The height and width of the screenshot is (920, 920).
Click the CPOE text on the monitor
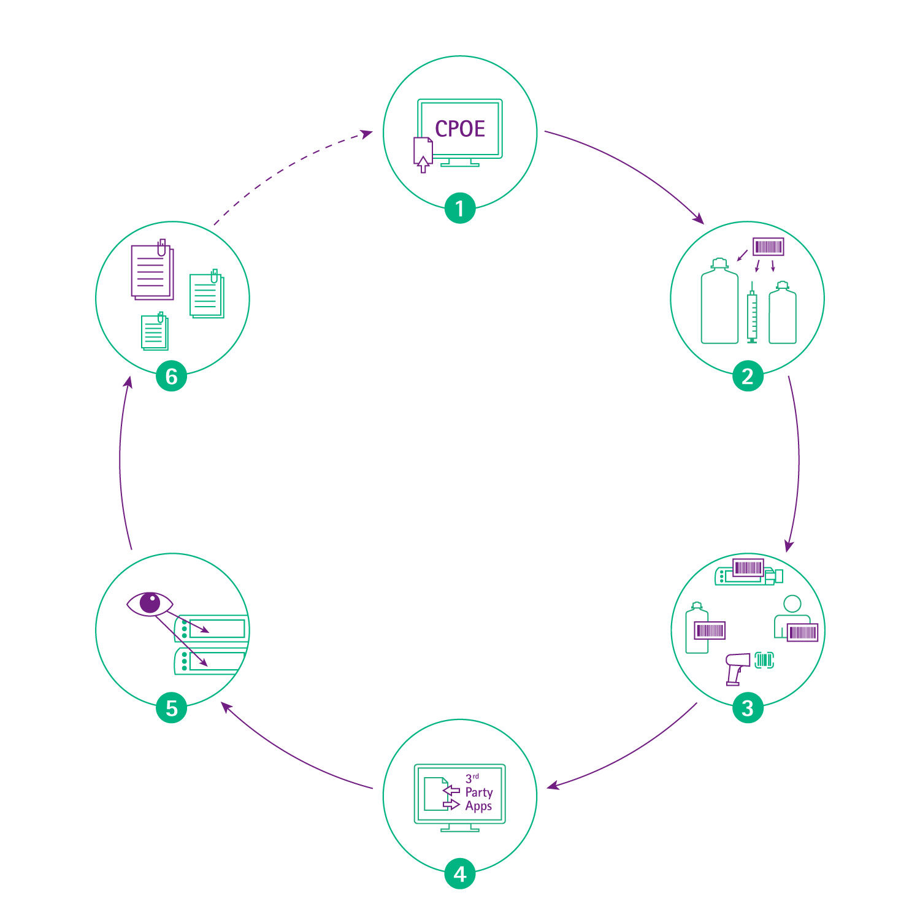coord(460,128)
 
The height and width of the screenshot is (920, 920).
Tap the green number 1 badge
coord(460,208)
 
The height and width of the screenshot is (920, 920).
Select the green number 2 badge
coord(748,375)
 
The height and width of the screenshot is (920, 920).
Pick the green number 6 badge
coord(172,375)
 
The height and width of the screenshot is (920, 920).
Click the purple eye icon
coord(150,604)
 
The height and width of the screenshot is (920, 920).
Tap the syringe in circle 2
coord(752,312)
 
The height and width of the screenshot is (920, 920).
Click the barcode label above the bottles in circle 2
coord(769,247)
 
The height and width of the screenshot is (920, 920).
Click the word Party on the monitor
coord(478,793)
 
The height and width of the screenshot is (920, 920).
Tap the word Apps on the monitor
coord(478,807)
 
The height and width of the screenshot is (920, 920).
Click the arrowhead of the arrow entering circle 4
coord(552,785)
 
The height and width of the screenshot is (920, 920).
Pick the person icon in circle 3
coord(792,616)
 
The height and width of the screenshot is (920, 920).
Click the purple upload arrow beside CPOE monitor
coord(423,164)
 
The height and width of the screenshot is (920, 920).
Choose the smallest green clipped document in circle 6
coord(155,331)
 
